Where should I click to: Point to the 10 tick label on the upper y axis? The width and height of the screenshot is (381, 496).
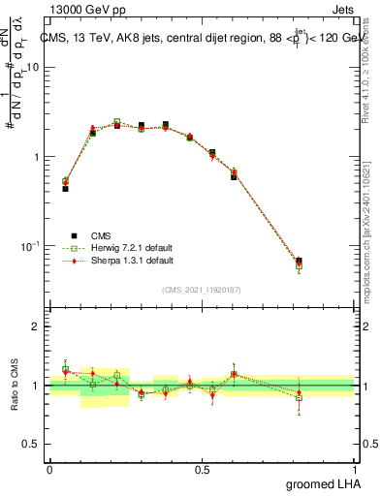pos(33,67)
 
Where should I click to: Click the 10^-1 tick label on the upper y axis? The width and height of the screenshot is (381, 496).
pos(29,246)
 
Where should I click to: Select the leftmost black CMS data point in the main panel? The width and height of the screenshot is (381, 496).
pos(65,189)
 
